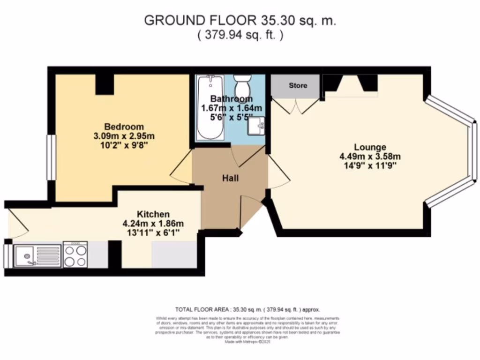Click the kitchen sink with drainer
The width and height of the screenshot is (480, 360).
37,255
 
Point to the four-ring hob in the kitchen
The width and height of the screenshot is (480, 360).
75,255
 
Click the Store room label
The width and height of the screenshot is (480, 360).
298,85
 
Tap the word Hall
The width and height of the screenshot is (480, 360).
230,178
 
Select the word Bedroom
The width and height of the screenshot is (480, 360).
124,127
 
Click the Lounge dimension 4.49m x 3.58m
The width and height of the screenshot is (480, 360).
370,157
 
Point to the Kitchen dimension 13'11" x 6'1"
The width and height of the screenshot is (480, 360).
153,232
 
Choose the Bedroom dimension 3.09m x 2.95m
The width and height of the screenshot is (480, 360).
124,136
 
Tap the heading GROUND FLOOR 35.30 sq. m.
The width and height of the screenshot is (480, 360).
240,21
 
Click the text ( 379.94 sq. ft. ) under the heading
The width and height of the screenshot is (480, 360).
240,35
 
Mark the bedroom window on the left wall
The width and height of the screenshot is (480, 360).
49,157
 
